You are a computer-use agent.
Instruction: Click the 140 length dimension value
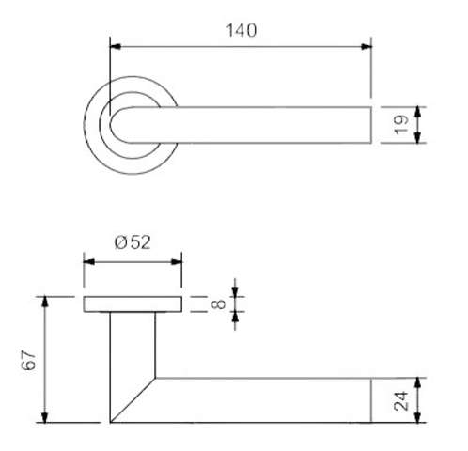coord(242,31)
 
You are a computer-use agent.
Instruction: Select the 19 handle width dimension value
coord(401,125)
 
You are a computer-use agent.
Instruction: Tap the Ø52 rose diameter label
coord(133,242)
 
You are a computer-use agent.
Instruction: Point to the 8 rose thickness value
coord(219,304)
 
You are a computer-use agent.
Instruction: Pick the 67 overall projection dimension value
coord(29,360)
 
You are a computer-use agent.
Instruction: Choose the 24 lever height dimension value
coord(401,400)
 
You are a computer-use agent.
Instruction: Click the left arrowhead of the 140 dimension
coord(116,47)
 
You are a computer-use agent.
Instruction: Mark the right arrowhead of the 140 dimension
coord(366,47)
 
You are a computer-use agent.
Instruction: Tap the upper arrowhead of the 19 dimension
coord(417,112)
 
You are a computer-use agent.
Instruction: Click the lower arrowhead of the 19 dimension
coord(417,138)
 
